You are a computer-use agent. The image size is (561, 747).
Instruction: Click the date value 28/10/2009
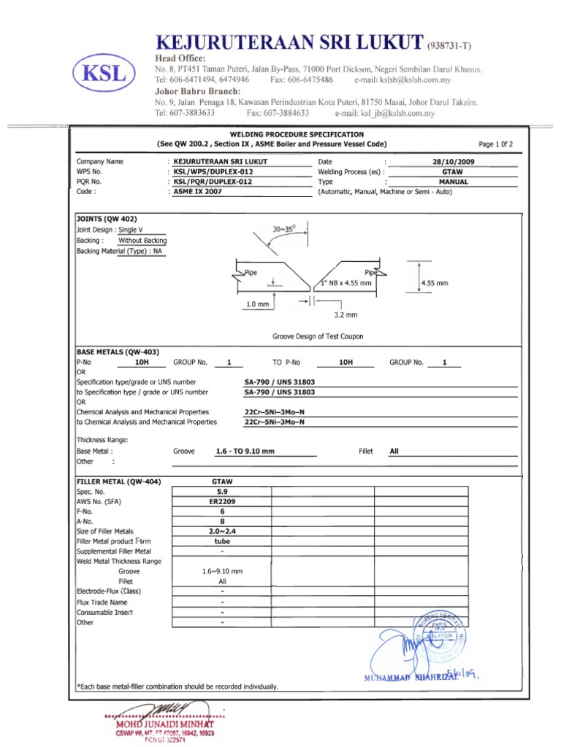[453, 161]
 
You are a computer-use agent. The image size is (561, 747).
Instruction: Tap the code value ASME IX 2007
[197, 192]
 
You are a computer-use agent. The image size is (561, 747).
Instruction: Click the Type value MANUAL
[453, 182]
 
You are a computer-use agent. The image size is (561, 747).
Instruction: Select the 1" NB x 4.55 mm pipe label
[346, 282]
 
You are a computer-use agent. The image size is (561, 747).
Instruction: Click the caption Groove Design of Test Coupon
[318, 336]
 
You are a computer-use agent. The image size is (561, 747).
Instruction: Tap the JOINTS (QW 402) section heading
[107, 219]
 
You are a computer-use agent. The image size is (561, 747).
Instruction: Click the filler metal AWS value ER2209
[222, 502]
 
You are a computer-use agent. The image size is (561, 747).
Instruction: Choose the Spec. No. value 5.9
[222, 492]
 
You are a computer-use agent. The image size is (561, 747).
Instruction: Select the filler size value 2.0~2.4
[222, 532]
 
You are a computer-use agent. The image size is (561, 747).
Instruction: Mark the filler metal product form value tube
[222, 542]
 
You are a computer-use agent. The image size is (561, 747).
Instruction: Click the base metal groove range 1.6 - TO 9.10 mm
[245, 452]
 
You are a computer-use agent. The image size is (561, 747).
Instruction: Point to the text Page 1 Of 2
[495, 144]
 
